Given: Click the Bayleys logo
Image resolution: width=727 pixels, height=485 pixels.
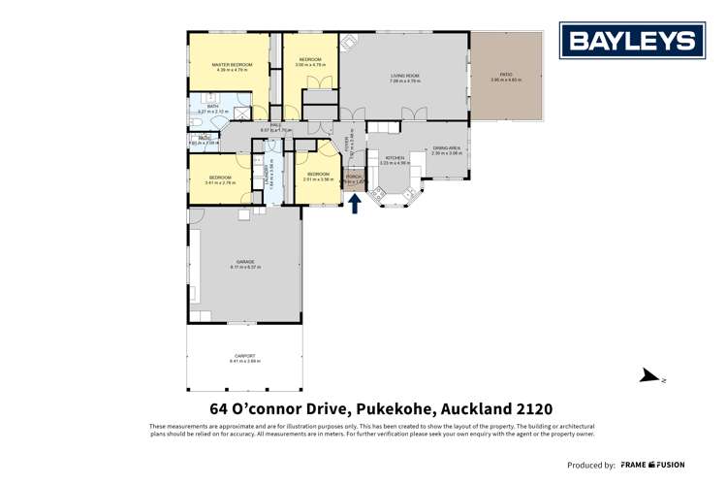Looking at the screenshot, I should coord(632,41).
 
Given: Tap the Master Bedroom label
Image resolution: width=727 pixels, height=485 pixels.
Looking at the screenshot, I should coord(231,66).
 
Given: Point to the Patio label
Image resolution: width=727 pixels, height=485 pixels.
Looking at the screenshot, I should coord(505,76).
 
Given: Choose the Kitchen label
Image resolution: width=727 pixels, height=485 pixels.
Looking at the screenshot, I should coord(395,158).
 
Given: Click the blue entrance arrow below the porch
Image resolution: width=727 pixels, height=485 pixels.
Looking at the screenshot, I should coord(355,204).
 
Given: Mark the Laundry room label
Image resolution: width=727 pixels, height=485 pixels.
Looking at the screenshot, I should coord(268,175).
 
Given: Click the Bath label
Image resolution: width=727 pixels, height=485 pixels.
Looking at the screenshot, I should coord(211,108).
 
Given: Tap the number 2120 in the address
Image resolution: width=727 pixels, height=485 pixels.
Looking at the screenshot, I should coord(531,408).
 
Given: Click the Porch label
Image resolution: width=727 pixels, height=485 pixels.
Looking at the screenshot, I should coord(353,178).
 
